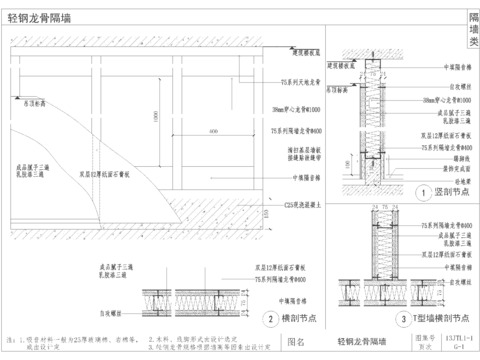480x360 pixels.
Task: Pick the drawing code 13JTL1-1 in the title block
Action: (x=454, y=340)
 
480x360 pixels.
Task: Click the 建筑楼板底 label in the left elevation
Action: (x=306, y=50)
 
